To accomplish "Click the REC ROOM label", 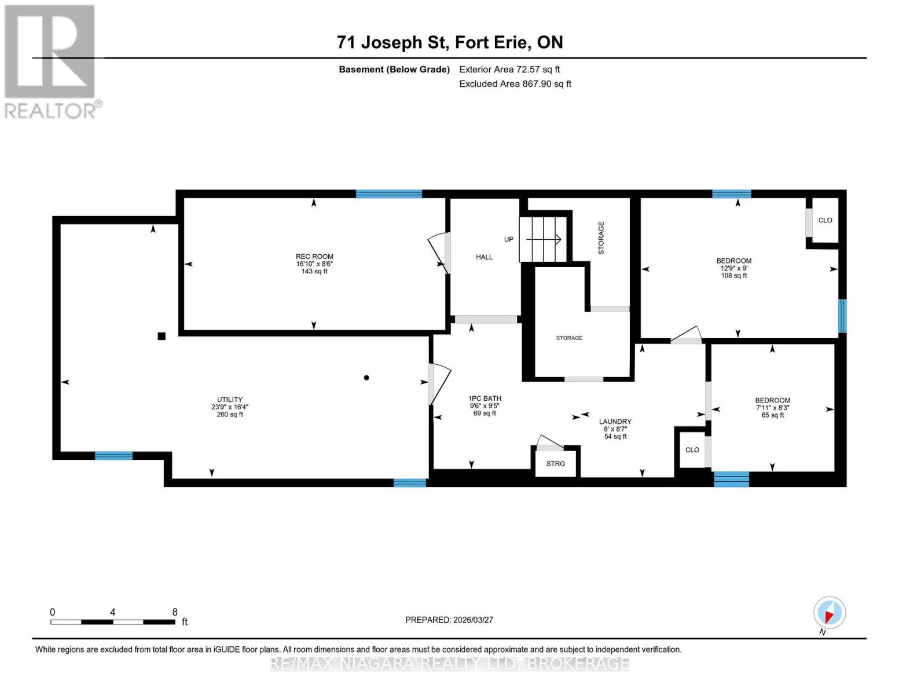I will tap(314, 257).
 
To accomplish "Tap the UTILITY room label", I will tap(230, 400).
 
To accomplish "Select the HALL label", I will tap(484, 257).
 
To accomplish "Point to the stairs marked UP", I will tap(542, 239).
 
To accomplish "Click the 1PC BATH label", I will tap(485, 398).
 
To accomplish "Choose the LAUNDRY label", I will tap(615, 422).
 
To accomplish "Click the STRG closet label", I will tap(555, 464).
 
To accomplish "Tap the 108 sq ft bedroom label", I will tap(733, 261).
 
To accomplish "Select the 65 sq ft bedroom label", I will tap(772, 400).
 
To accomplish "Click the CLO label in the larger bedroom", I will tap(825, 220).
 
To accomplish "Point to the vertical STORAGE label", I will tap(601, 237).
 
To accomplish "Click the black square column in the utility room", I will tap(162, 336).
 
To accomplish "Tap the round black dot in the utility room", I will tap(366, 378).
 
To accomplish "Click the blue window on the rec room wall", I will tap(388, 194).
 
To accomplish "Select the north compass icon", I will tap(829, 613).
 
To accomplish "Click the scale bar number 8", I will tap(175, 612).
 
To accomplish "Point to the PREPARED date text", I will tap(449, 620).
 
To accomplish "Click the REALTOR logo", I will tap(51, 61).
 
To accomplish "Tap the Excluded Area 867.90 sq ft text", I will tap(515, 84).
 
